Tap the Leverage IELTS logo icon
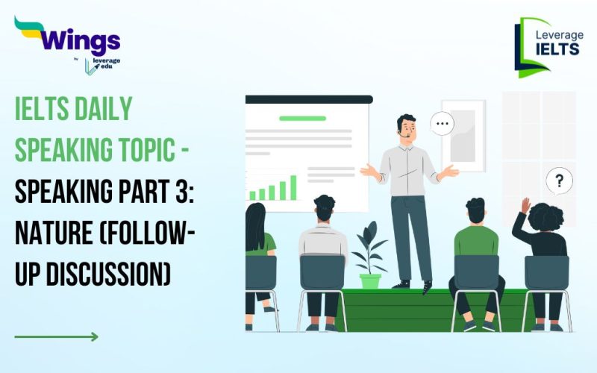531,46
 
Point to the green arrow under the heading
56,336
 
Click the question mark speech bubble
559,181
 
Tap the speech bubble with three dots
443,124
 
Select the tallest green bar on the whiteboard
293,187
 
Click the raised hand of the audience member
525,205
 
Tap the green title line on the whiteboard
302,118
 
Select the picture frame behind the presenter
463,134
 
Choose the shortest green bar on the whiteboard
253,196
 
